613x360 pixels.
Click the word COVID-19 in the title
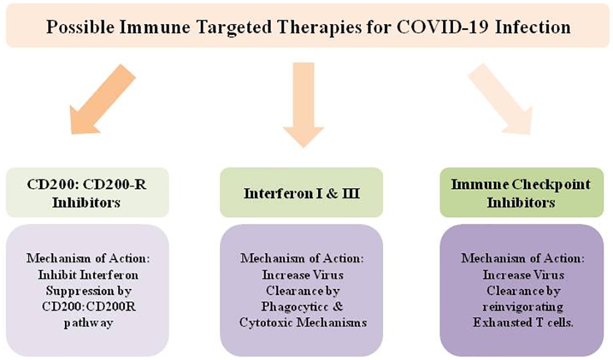[442, 28]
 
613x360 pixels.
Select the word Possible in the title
[80, 28]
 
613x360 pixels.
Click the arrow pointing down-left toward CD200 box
[103, 99]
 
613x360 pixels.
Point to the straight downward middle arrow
[303, 105]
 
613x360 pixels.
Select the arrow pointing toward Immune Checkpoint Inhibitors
[501, 99]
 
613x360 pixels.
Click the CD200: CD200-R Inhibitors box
[88, 193]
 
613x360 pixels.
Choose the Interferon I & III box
[302, 193]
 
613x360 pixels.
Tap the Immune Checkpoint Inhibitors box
[522, 193]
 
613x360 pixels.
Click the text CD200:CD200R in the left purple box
[89, 307]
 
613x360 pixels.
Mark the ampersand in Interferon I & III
[332, 193]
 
